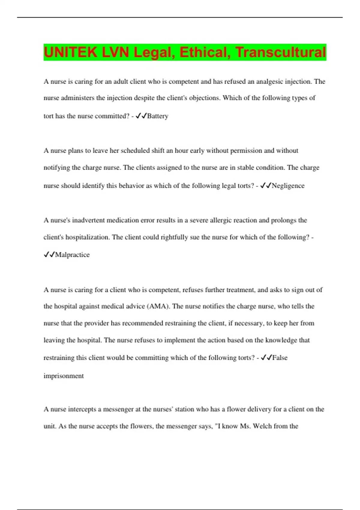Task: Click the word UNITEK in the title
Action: click(70, 52)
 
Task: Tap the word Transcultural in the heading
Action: click(280, 52)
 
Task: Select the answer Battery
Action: click(157, 116)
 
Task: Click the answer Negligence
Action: click(288, 186)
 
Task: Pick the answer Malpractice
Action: click(72, 255)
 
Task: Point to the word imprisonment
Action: click(64, 376)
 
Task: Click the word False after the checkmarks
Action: click(280, 358)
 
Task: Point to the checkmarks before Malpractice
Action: click(49, 255)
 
